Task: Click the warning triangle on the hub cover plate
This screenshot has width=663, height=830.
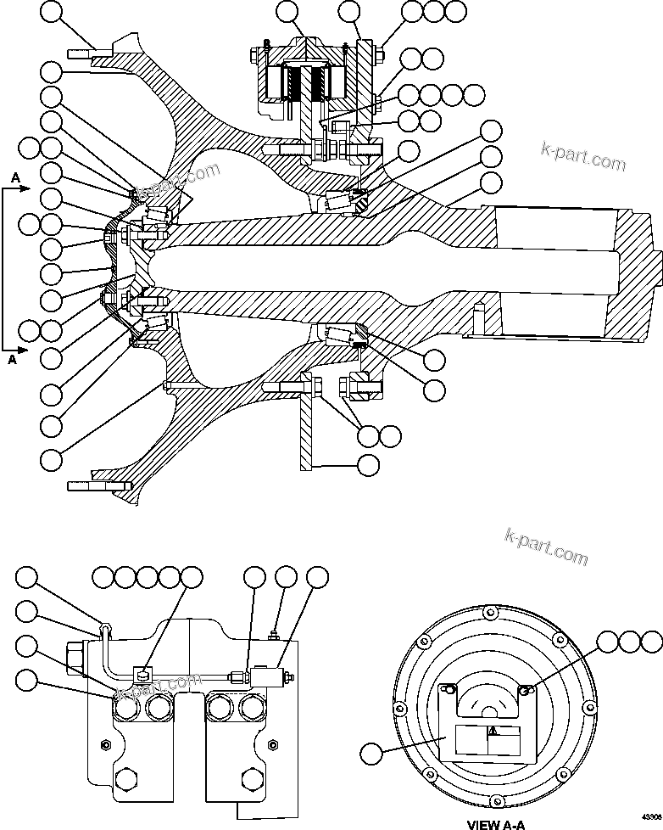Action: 492,731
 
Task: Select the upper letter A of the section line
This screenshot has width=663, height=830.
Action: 15,177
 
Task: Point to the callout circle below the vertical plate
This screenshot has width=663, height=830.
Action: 369,465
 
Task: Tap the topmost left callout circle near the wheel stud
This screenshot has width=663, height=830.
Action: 52,12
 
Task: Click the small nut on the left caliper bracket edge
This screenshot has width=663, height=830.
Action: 106,744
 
